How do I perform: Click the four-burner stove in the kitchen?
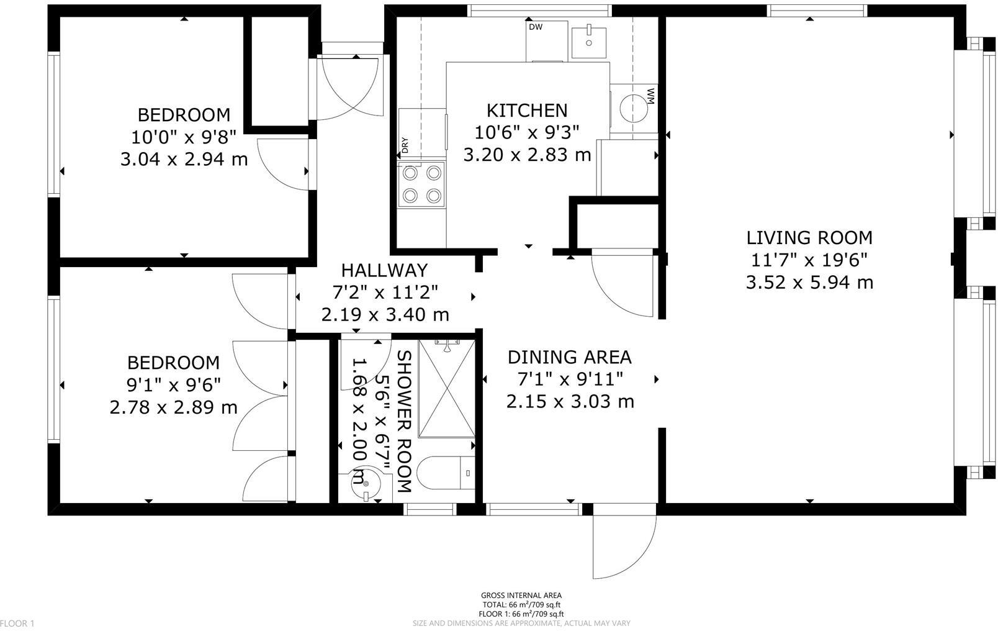tap(422, 184)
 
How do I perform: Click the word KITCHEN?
tap(526, 110)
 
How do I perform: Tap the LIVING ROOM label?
tap(809, 237)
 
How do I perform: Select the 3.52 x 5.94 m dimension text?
tap(809, 283)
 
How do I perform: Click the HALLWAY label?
tap(384, 270)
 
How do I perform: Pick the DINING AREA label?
tap(569, 357)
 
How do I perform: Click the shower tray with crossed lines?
tap(447, 388)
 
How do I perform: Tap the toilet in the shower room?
tap(444, 474)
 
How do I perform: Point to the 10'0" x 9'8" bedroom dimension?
tap(184, 137)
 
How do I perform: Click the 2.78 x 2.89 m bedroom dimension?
tap(173, 407)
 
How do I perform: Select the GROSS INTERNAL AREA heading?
tap(521, 595)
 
